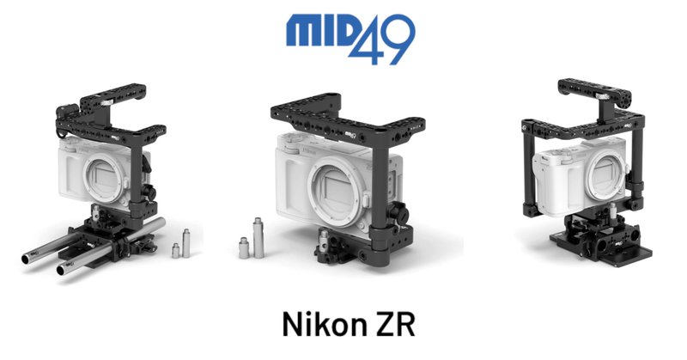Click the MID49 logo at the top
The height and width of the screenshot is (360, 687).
point(350,39)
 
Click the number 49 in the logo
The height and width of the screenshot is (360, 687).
point(381,40)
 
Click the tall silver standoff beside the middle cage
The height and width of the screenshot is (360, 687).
point(258,238)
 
